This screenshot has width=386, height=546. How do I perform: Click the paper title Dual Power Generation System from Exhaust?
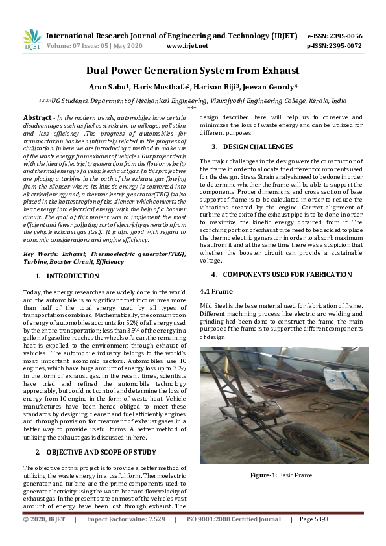[x=193, y=70]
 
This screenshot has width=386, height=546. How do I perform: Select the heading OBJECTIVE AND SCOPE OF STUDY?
[x=101, y=451]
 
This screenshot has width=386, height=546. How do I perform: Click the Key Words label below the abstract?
[x=40, y=254]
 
